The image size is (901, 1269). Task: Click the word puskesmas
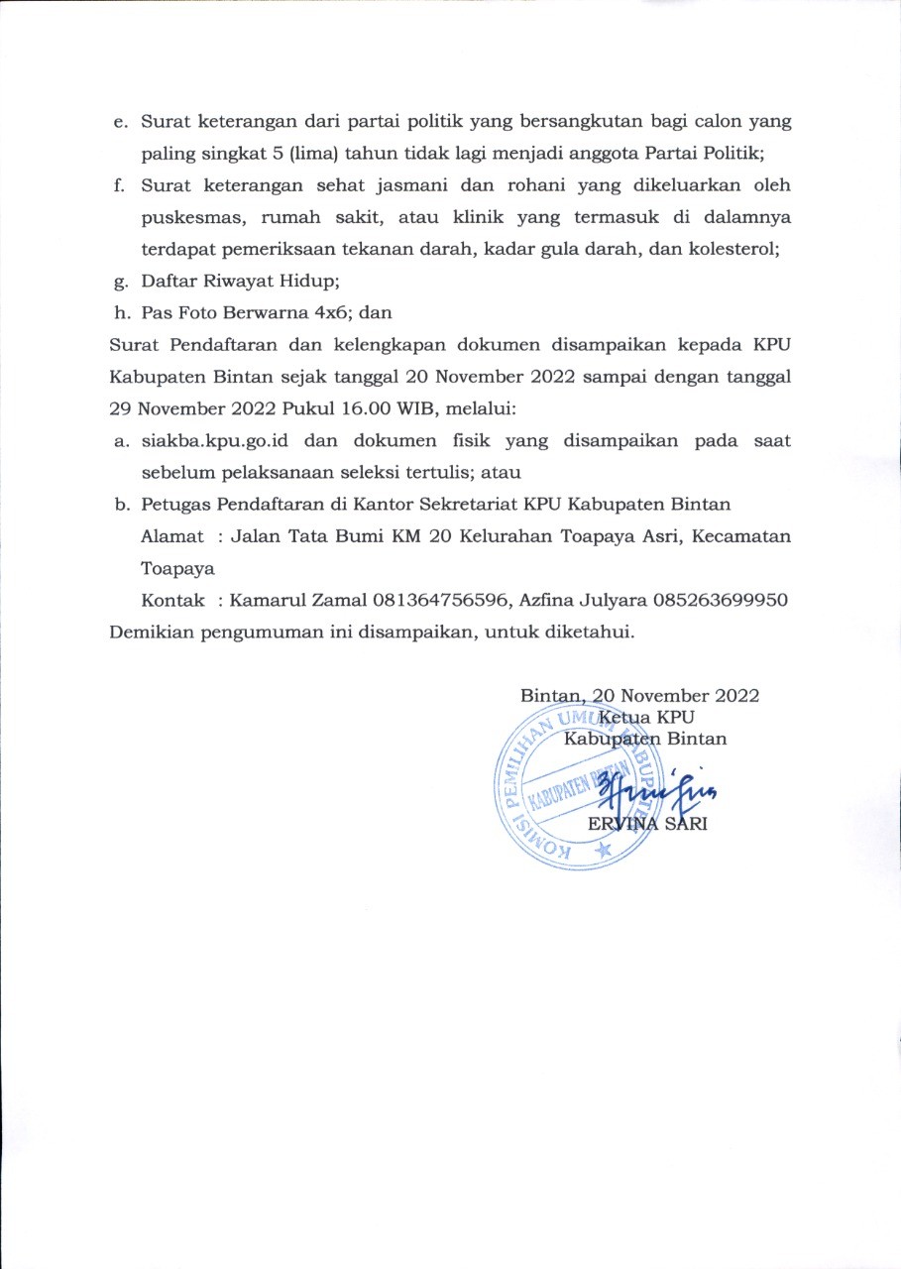pyautogui.click(x=186, y=217)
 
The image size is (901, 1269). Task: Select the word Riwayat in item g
pyautogui.click(x=228, y=282)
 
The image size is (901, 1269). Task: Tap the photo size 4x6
pyautogui.click(x=329, y=313)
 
